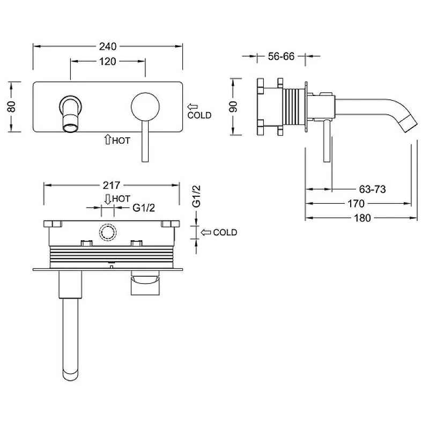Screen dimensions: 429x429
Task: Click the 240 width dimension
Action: (x=108, y=47)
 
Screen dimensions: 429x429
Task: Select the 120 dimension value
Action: (x=108, y=61)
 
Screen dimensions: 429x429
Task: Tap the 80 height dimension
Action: (x=11, y=106)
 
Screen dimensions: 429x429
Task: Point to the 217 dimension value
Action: (x=112, y=185)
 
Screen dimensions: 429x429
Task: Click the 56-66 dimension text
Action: (x=281, y=56)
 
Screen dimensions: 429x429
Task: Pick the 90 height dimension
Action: (x=233, y=106)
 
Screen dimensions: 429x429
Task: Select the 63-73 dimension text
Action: (x=372, y=189)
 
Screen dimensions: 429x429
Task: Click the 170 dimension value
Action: (x=356, y=204)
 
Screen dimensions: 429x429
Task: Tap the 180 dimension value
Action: (x=363, y=218)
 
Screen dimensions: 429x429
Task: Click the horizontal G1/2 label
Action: (x=144, y=208)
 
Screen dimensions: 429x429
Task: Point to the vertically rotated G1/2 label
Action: (x=196, y=196)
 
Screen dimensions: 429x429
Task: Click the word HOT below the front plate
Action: (x=121, y=140)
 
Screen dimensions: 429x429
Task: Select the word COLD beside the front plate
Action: (x=199, y=115)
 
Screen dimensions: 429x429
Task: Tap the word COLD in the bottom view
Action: (x=225, y=232)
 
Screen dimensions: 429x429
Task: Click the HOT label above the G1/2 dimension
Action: (x=121, y=198)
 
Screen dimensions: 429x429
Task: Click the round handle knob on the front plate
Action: (x=145, y=107)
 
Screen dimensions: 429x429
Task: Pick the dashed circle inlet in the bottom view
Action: (x=108, y=232)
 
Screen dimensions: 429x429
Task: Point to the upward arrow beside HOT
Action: (x=108, y=139)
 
